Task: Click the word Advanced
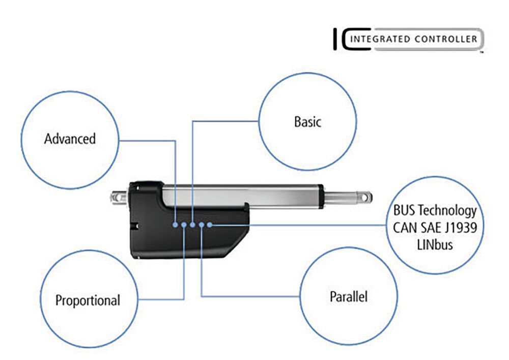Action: tap(70, 139)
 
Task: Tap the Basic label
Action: tap(307, 122)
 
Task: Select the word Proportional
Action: tap(88, 300)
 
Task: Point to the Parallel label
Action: tap(349, 296)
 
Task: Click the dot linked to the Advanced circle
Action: tap(175, 224)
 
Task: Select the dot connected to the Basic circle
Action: tap(193, 224)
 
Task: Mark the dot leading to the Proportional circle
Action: tap(184, 224)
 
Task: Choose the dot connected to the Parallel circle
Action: tap(202, 224)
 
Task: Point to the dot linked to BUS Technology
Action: tap(211, 224)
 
